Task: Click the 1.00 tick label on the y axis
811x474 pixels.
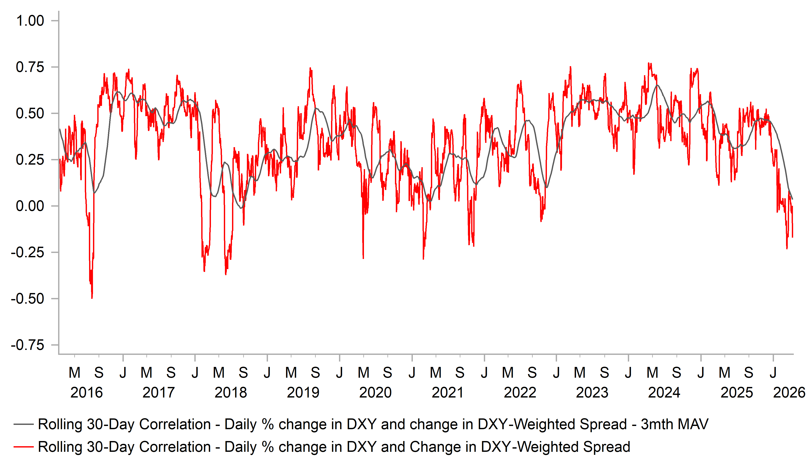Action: click(x=30, y=21)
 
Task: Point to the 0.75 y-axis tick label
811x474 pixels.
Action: click(x=30, y=67)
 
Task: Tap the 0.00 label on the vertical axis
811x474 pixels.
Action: click(x=30, y=206)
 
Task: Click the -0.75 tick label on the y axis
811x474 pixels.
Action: click(x=27, y=345)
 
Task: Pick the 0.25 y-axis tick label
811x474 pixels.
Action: click(x=30, y=160)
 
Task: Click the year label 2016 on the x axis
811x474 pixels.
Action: click(x=86, y=393)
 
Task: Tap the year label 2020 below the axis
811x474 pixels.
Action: click(x=375, y=393)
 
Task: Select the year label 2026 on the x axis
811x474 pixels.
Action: click(x=789, y=393)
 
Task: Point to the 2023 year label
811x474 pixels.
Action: click(x=592, y=393)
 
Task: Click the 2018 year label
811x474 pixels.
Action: click(x=231, y=393)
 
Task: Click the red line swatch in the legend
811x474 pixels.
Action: click(x=23, y=447)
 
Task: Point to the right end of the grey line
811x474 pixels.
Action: click(x=792, y=199)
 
